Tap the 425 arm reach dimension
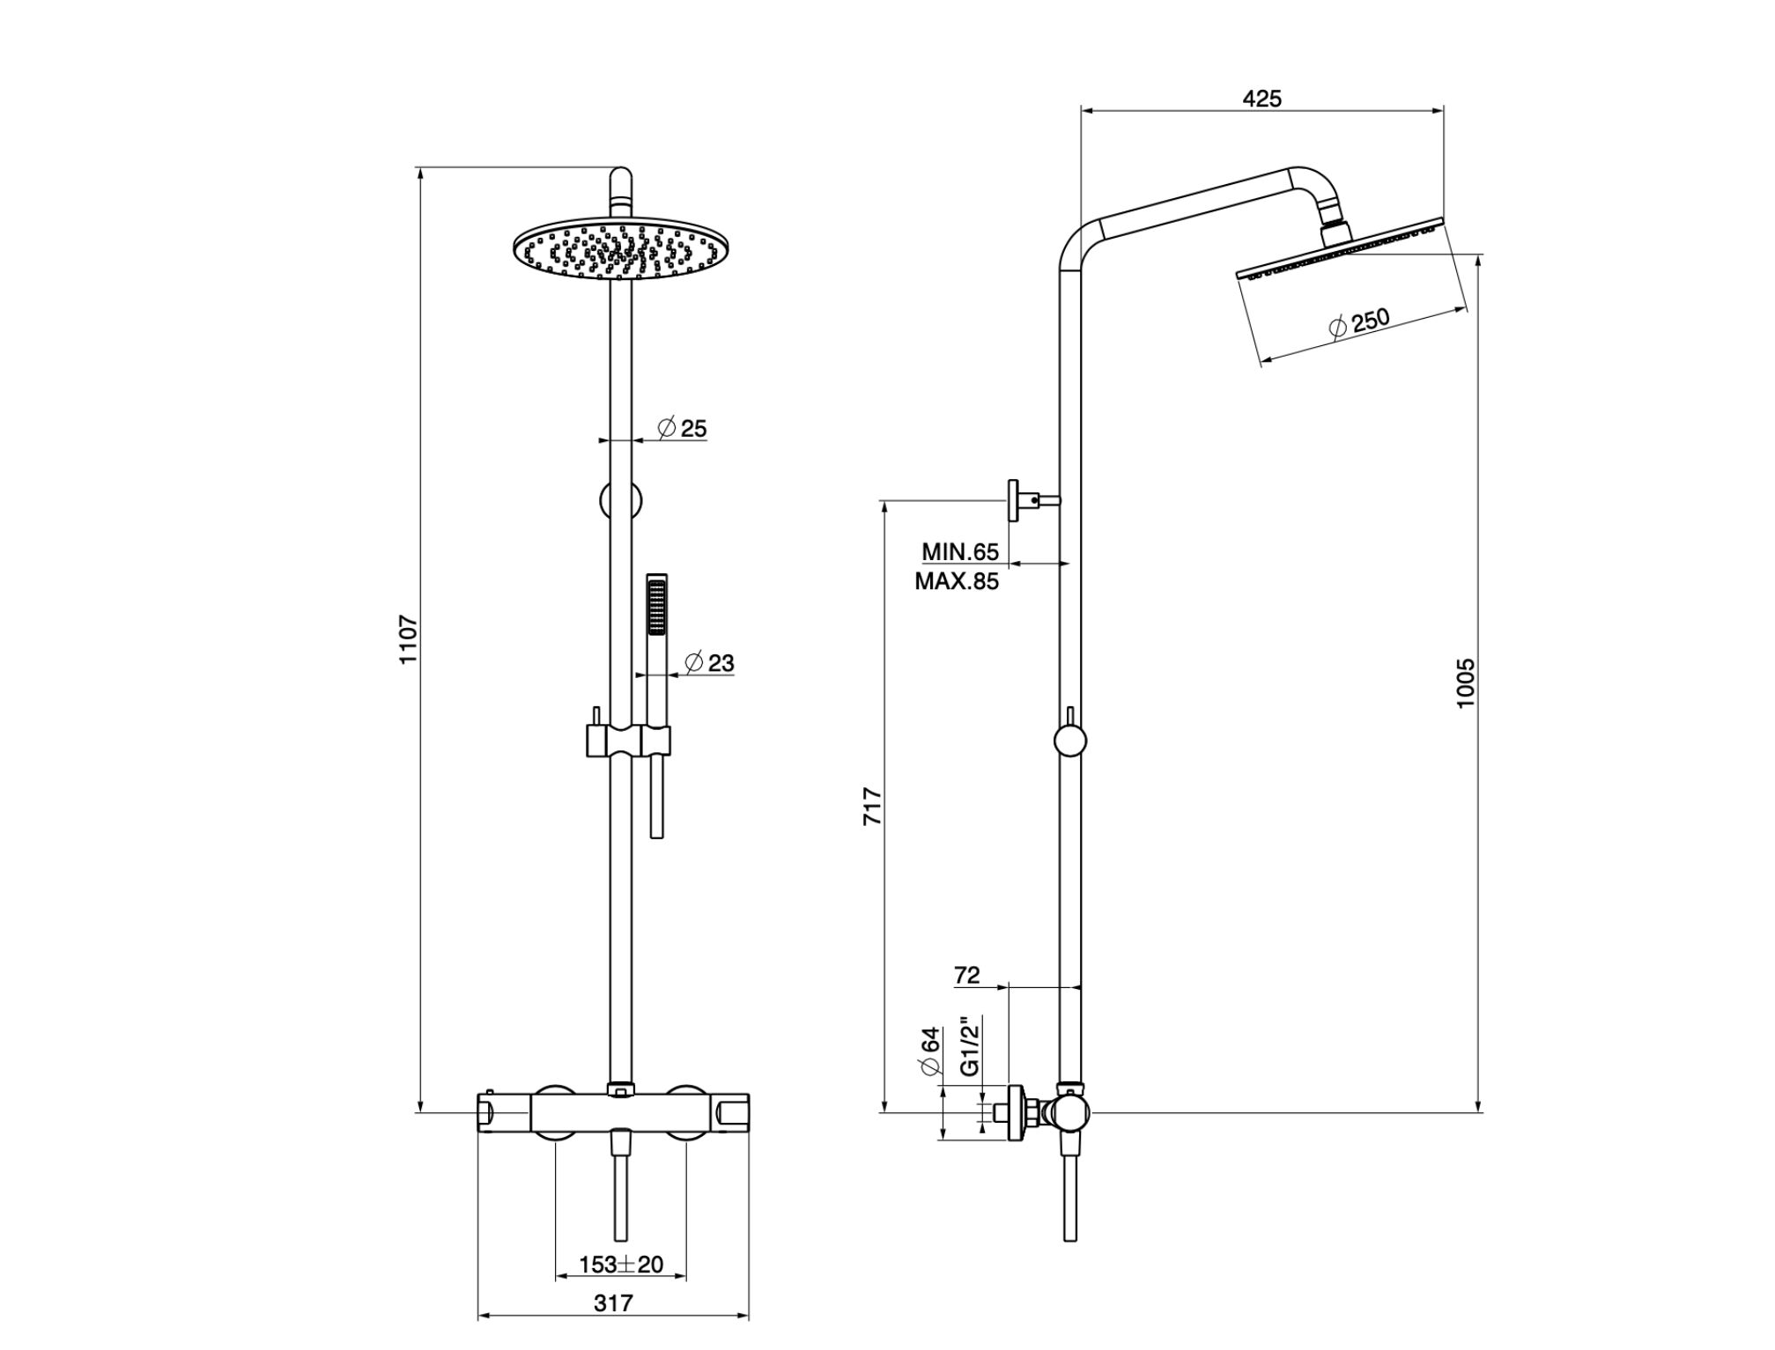[1261, 99]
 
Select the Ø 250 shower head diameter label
[1358, 321]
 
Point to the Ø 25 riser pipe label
[683, 429]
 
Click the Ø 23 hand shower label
[709, 662]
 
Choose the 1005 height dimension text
[1465, 682]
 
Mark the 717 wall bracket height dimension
[872, 806]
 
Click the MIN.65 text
[960, 552]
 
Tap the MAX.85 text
[957, 581]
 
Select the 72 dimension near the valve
[966, 975]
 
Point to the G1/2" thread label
[969, 1047]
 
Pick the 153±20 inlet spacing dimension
[621, 1265]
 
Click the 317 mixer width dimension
[613, 1302]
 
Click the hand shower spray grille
[656, 606]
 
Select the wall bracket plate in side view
[1014, 501]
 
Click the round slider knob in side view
[1070, 741]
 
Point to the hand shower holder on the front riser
[628, 741]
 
